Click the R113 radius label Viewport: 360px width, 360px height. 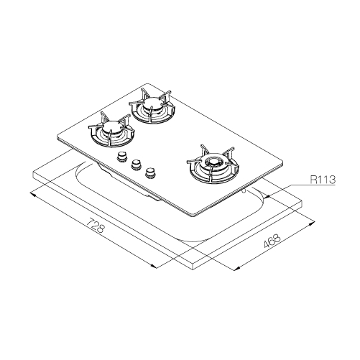point(323,179)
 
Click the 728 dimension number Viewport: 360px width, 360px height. point(96,225)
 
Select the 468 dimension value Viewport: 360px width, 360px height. point(272,241)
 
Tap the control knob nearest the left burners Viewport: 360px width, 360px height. point(122,157)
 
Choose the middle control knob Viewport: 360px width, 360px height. point(136,165)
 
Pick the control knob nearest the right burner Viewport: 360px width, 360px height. point(150,172)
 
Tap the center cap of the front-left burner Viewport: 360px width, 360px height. point(111,126)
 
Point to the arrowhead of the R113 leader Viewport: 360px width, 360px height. point(267,197)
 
